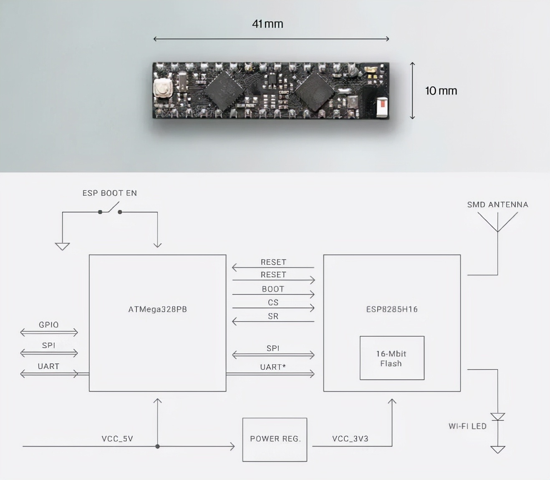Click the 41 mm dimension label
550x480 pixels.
pos(267,24)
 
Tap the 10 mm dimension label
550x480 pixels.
pos(441,91)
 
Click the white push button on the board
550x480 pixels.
pos(162,88)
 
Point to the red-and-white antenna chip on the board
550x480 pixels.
pos(382,106)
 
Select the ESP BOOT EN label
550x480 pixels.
pos(109,193)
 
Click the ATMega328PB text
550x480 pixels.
pos(157,309)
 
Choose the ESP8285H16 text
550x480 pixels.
pos(391,309)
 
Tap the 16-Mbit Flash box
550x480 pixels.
pos(391,358)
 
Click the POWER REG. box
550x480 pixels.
pos(275,439)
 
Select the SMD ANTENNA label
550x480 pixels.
pos(497,205)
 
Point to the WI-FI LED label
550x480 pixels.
pos(467,426)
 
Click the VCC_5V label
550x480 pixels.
pos(117,439)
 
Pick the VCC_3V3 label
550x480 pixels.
pos(350,439)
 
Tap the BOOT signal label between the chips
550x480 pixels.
pos(273,289)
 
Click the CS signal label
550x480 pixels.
pos(273,302)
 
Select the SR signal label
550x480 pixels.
pos(273,316)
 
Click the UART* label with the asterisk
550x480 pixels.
pos(273,367)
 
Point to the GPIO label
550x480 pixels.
pos(49,325)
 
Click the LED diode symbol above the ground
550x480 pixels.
pos(497,417)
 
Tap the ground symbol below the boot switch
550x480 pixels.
pos(62,246)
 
